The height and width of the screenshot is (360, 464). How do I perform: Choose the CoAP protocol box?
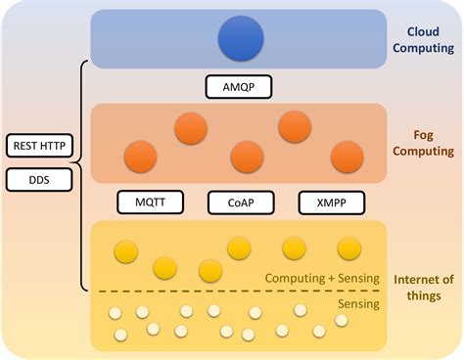239,202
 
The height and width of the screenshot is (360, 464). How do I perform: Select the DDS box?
40,179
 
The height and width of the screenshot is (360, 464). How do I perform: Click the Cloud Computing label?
423,38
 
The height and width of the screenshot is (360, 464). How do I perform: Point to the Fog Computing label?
422,142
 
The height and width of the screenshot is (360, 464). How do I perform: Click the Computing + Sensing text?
322,279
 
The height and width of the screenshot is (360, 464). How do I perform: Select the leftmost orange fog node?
138,156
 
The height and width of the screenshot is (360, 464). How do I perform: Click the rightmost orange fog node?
347,156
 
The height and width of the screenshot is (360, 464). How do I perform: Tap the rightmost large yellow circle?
349,248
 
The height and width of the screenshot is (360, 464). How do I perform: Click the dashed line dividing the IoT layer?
235,292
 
